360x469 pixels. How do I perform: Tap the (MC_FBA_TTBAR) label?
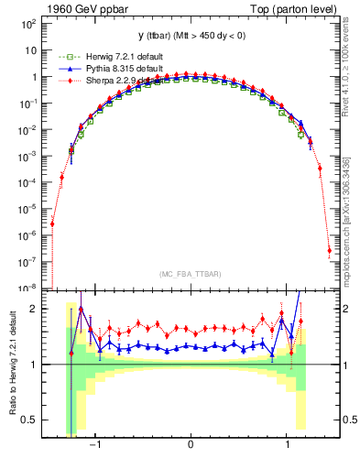(191, 274)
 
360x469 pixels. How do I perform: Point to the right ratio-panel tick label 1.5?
(348, 337)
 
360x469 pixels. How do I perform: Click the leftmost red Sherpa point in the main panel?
(52, 223)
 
